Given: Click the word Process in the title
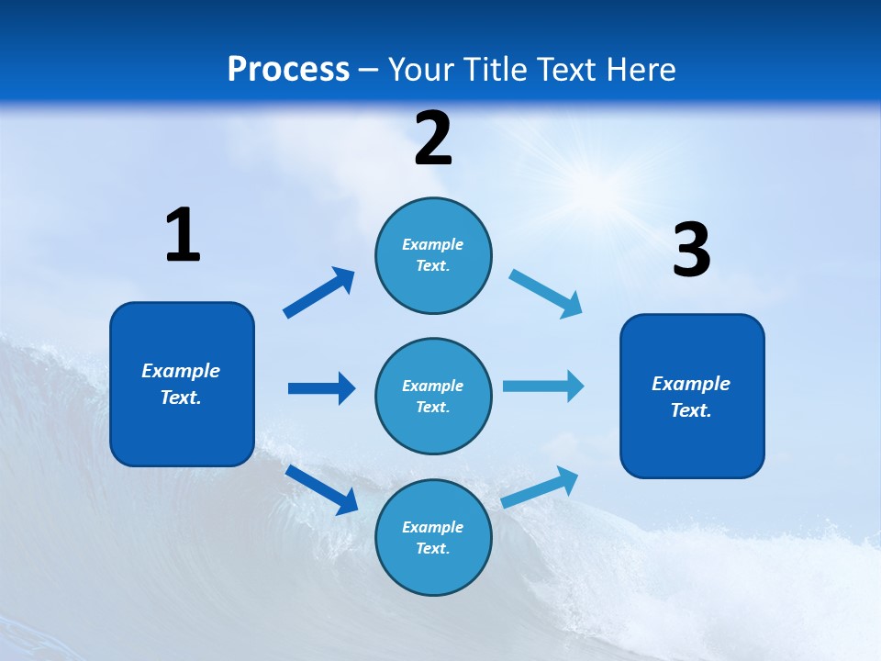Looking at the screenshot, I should pyautogui.click(x=288, y=70).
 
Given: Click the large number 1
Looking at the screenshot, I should pyautogui.click(x=183, y=235).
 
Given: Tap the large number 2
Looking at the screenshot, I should pyautogui.click(x=433, y=138).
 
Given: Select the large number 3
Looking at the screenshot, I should pyautogui.click(x=691, y=250).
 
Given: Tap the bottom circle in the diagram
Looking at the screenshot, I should pyautogui.click(x=433, y=569).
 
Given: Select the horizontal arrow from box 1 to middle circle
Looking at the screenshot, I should pyautogui.click(x=321, y=388).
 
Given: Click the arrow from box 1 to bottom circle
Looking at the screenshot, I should pyautogui.click(x=322, y=489).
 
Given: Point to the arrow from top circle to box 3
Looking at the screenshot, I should pyautogui.click(x=546, y=294).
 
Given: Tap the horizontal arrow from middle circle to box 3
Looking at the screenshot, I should pyautogui.click(x=543, y=386).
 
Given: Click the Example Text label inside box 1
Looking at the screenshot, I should pyautogui.click(x=181, y=384).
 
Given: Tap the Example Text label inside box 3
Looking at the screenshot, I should pyautogui.click(x=691, y=397).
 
